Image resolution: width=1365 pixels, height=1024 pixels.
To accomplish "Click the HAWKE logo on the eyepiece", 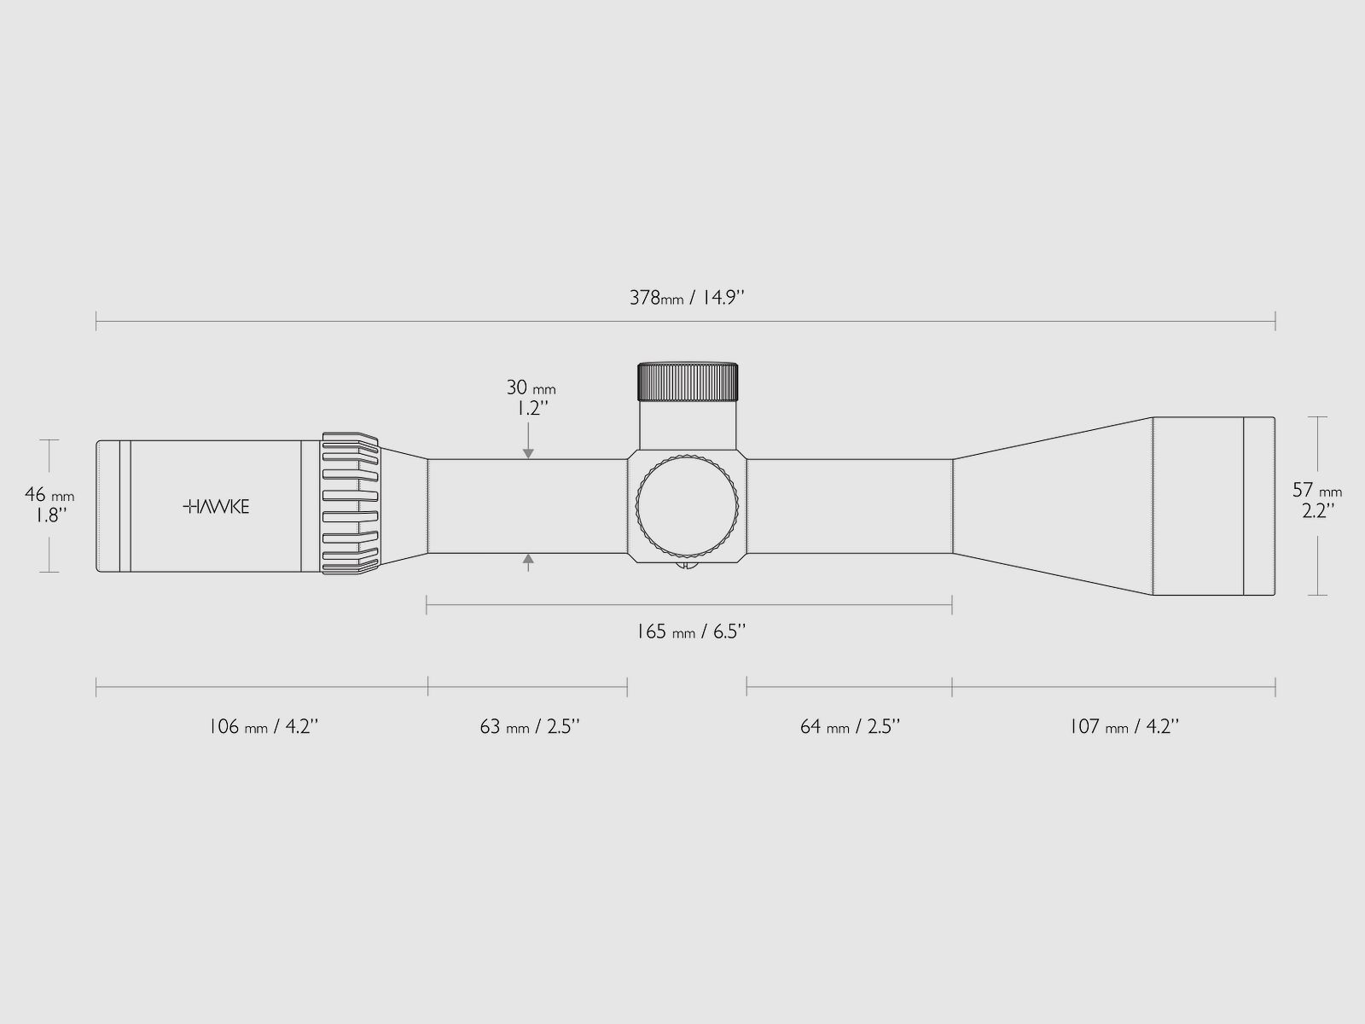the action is click(x=216, y=507).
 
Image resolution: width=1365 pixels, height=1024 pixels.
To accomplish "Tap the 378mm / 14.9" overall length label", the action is click(x=687, y=298).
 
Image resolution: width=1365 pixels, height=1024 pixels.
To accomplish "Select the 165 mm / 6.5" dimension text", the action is click(x=690, y=631).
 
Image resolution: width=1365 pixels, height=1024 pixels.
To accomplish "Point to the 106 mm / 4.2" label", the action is click(x=263, y=726).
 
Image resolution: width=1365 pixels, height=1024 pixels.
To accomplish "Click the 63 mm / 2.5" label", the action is click(x=530, y=726).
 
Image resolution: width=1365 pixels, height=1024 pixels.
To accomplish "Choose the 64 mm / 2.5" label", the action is click(x=850, y=726).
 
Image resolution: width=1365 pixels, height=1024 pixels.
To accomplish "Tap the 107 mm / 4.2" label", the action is click(x=1124, y=726).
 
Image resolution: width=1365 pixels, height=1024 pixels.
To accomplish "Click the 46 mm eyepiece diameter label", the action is click(x=49, y=495).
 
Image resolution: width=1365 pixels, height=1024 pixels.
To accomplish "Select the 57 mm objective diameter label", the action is click(x=1317, y=491).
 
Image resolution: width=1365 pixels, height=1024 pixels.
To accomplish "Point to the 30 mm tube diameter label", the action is click(x=531, y=388).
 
